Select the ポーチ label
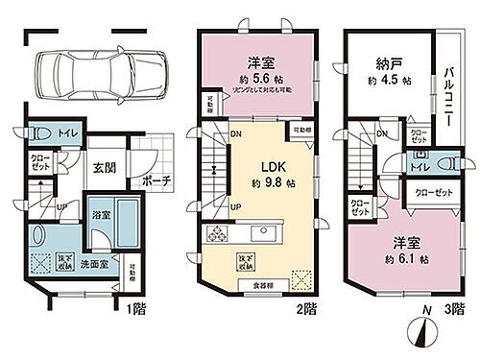[156, 180]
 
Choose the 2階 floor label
[305, 309]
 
